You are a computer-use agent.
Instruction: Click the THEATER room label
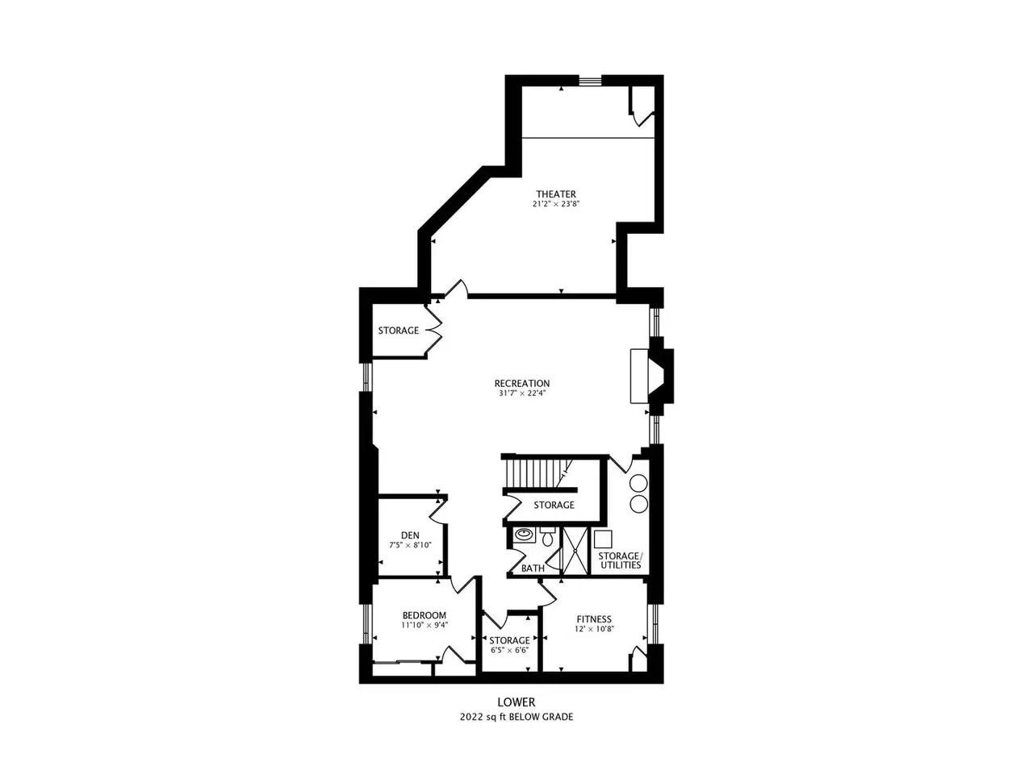point(556,194)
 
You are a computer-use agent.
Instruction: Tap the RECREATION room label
point(522,384)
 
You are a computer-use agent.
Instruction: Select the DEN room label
point(410,535)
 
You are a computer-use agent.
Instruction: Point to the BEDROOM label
point(424,615)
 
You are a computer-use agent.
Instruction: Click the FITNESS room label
point(594,619)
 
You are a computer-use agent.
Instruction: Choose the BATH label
point(533,568)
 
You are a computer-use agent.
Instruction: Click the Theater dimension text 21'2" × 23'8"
point(556,204)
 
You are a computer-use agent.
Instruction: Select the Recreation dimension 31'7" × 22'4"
point(522,393)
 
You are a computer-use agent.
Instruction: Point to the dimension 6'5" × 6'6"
point(509,651)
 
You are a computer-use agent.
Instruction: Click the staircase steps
point(536,473)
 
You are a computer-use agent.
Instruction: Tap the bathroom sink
point(523,535)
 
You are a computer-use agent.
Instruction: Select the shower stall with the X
point(575,551)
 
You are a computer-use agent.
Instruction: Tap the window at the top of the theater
point(590,81)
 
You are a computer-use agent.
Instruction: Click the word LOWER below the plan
point(516,702)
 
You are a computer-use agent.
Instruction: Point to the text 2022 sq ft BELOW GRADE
point(516,717)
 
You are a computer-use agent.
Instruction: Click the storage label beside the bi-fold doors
point(398,331)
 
